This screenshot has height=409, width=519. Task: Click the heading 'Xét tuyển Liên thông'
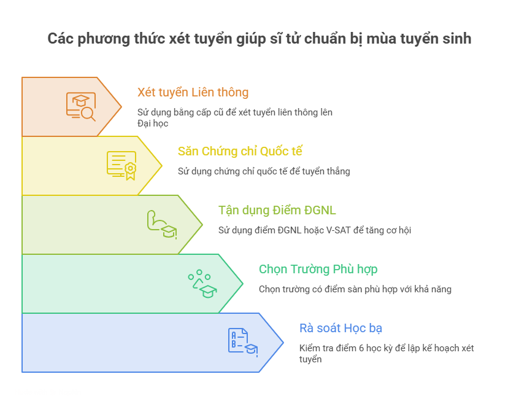(193, 92)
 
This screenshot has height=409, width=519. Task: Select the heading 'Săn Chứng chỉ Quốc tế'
(240, 151)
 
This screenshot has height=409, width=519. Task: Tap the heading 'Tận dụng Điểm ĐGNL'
(277, 210)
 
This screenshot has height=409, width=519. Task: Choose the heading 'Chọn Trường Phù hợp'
(318, 269)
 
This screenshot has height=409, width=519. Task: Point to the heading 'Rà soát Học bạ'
(340, 328)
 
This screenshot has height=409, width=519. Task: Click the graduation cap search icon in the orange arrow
(81, 106)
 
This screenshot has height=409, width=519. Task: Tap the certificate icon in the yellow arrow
(121, 166)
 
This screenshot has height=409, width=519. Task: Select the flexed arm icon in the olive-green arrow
(162, 224)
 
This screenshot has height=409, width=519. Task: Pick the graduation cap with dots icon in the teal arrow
(202, 284)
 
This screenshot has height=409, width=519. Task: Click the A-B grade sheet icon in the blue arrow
(243, 343)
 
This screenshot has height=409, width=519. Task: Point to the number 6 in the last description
(361, 348)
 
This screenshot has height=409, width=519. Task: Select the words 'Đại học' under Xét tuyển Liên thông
(153, 123)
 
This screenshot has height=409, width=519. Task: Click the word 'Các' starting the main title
(61, 39)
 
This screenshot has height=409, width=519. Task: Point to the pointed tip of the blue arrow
(283, 343)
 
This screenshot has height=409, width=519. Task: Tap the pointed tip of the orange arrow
(121, 107)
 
